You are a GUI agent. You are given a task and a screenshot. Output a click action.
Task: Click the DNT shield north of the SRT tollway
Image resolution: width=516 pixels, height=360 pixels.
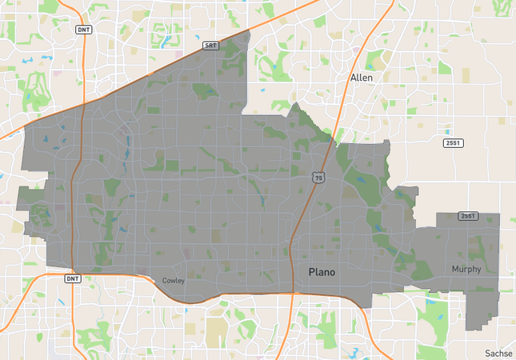pyautogui.click(x=83, y=30)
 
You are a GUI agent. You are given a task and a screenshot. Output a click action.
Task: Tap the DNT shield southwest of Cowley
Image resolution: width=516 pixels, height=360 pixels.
pyautogui.click(x=71, y=278)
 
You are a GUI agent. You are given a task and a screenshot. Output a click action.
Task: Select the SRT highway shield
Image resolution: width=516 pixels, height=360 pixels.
pyautogui.click(x=211, y=46)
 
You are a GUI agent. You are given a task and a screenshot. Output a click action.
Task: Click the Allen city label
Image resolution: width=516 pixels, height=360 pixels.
pyautogui.click(x=362, y=78)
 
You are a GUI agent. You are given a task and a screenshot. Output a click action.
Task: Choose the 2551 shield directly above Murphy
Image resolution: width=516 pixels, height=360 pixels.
pyautogui.click(x=468, y=216)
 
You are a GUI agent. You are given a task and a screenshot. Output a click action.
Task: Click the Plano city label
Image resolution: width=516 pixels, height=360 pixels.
pyautogui.click(x=322, y=273)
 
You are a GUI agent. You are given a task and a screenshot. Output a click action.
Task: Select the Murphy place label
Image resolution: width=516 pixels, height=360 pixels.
pyautogui.click(x=466, y=269)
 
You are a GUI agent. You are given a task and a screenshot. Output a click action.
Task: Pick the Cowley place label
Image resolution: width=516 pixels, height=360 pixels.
pyautogui.click(x=174, y=281)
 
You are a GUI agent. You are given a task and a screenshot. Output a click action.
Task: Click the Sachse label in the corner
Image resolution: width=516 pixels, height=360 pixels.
pyautogui.click(x=499, y=353)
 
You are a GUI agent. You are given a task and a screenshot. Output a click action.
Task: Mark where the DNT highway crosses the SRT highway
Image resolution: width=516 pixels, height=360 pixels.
pyautogui.click(x=83, y=105)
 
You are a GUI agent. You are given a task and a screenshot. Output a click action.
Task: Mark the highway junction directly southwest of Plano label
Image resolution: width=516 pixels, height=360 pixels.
pyautogui.click(x=292, y=292)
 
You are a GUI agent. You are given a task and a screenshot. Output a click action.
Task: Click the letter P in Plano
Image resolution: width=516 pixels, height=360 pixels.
pyautogui.click(x=312, y=273)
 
